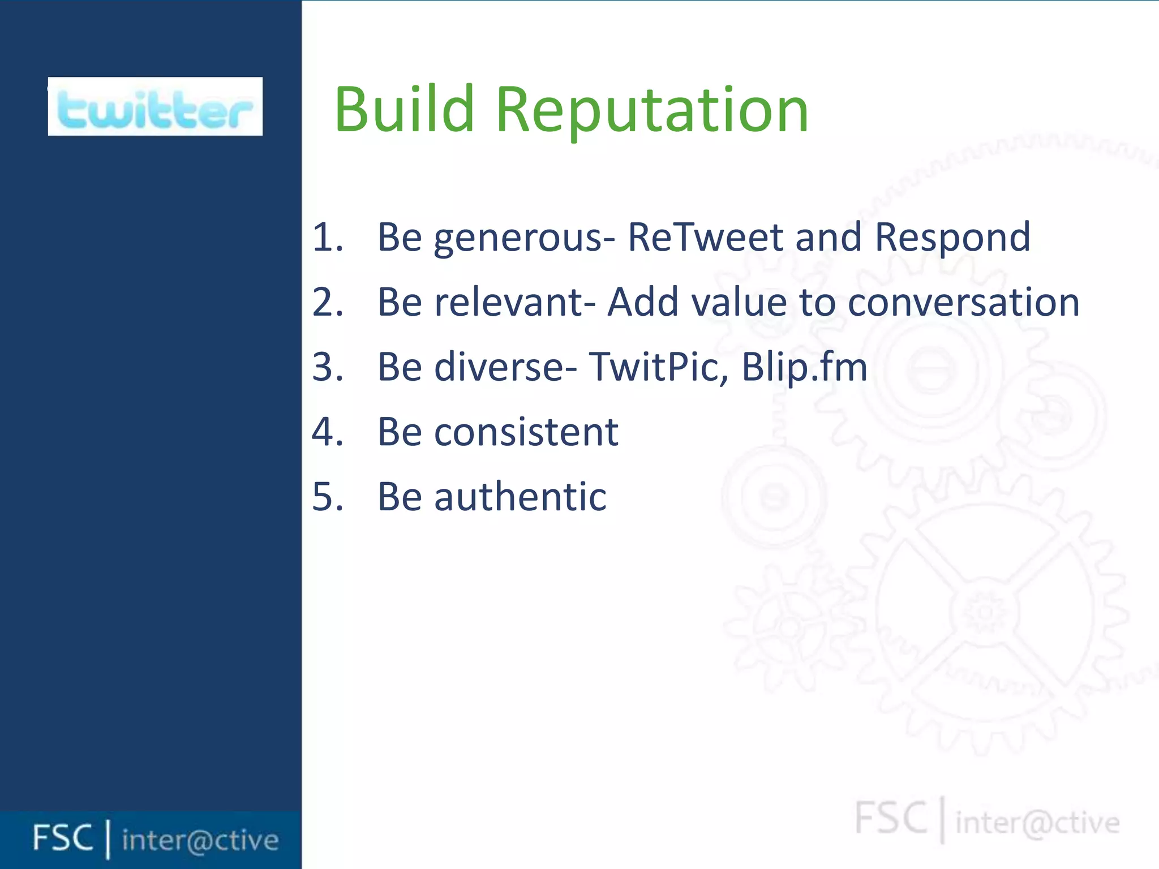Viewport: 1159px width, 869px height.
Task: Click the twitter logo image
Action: coord(155,106)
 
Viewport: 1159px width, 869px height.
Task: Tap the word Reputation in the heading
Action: coord(651,111)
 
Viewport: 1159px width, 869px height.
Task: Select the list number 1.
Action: coord(327,237)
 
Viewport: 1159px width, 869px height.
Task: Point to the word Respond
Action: coord(952,237)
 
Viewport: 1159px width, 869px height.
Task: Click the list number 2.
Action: coord(327,302)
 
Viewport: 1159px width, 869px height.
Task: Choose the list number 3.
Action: coord(327,367)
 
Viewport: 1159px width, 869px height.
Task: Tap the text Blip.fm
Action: coord(804,367)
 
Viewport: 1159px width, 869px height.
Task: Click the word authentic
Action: coord(520,497)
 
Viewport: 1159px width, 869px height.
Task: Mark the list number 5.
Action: coord(327,497)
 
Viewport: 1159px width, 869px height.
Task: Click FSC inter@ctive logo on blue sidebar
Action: coord(155,838)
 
